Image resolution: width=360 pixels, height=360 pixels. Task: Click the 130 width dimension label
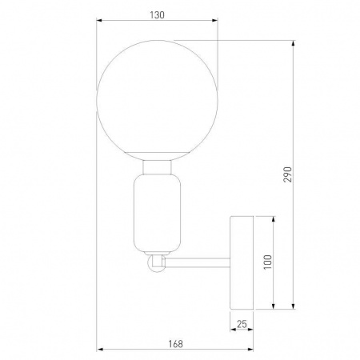[x=157, y=14]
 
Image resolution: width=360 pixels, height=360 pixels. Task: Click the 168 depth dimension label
[x=176, y=343]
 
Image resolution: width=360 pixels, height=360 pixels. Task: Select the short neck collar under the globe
[x=157, y=167]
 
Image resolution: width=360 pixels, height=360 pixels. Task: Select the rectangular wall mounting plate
[x=242, y=262]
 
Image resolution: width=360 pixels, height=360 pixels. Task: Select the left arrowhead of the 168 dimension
[x=99, y=350]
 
